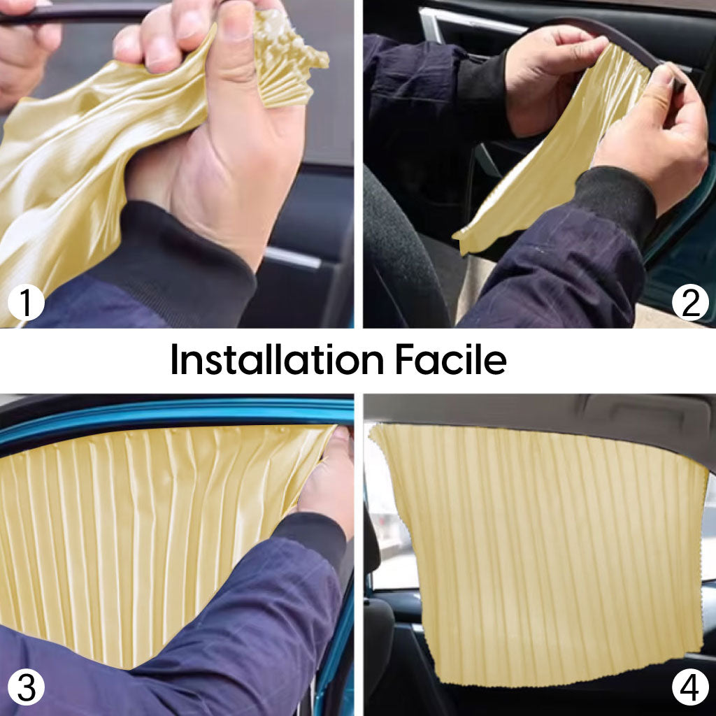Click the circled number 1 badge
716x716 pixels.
coord(26,302)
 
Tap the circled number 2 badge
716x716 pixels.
coord(690,302)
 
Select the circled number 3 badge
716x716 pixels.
coord(26,687)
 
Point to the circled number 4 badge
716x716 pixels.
coord(690,687)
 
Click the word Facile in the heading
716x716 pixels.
coord(450,359)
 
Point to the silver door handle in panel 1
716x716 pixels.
coord(292,257)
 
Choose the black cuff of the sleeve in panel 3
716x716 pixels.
coord(315,539)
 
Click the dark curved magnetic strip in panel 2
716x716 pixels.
coord(608,42)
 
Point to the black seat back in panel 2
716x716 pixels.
coord(402,256)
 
